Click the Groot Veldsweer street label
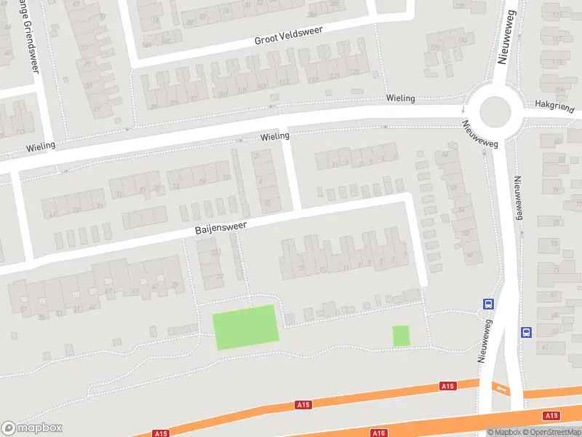288,34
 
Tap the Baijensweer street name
220,227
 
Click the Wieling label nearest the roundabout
400,98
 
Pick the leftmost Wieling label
41,146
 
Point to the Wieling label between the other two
275,136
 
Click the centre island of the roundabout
495,111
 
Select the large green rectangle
245,326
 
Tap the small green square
401,336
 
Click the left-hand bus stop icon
488,304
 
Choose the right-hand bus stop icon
525,332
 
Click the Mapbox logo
32,428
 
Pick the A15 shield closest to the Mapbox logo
162,433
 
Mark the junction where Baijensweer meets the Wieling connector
298,210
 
